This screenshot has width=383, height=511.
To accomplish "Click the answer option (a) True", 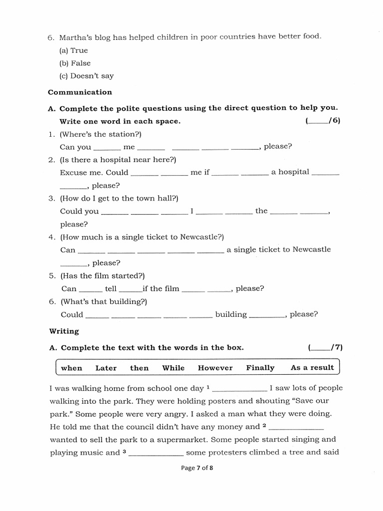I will click(73, 50).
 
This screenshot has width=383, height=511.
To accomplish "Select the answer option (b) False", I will click(75, 63).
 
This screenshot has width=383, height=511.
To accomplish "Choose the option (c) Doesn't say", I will click(86, 76).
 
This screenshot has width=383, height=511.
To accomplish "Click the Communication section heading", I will click(80, 92).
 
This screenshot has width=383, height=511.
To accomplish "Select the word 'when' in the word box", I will click(71, 368).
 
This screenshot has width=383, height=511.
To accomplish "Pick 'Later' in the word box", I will click(106, 368).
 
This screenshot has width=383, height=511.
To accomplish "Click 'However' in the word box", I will click(215, 368).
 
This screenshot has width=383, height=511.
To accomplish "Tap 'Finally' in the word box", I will click(260, 368).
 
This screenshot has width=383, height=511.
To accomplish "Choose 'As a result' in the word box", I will click(312, 368).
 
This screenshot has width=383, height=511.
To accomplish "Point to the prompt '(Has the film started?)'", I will click(102, 275).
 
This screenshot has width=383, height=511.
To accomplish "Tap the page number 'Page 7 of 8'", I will click(191, 468).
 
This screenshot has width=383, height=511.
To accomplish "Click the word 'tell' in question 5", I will click(111, 289).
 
